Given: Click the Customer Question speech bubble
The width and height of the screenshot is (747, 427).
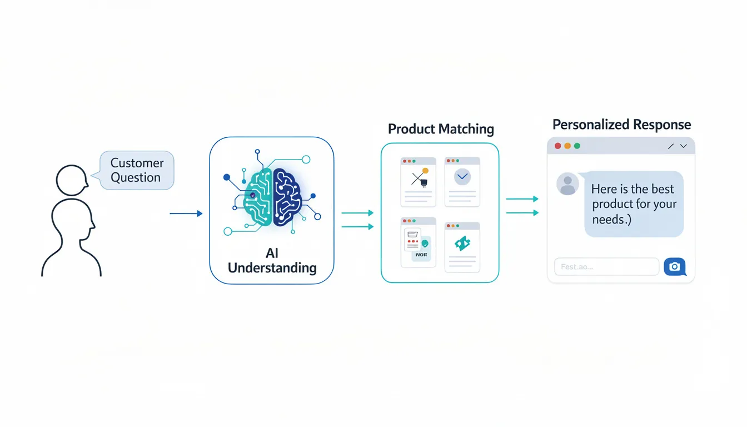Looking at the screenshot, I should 136,171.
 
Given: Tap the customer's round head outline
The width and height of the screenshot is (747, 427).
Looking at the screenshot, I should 72,180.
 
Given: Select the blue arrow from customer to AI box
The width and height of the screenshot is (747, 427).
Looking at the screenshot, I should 186,213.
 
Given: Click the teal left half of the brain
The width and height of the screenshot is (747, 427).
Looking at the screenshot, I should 256,197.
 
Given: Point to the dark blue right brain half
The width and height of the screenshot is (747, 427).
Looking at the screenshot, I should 287,197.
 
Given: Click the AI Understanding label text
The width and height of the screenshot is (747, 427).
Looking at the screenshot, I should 272,261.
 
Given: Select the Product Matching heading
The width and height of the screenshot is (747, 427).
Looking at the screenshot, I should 441,129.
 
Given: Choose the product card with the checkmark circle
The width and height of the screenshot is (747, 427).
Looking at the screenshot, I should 462,182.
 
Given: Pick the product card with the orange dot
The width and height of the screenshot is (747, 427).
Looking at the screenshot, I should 418,182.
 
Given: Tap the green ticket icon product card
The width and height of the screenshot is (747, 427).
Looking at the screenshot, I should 462,247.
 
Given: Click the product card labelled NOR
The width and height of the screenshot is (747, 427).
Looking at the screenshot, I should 418,242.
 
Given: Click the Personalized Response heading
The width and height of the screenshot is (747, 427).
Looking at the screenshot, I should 621,125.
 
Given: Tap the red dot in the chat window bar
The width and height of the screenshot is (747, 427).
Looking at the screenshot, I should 558,146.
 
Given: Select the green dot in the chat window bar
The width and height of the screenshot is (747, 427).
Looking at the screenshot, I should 577,146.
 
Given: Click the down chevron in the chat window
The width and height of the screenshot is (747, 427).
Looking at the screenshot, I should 684,146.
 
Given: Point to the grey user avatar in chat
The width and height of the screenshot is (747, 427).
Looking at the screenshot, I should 567,184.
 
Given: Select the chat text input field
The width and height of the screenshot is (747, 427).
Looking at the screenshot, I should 606,267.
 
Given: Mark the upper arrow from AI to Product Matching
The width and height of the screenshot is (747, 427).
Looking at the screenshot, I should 357,213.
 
